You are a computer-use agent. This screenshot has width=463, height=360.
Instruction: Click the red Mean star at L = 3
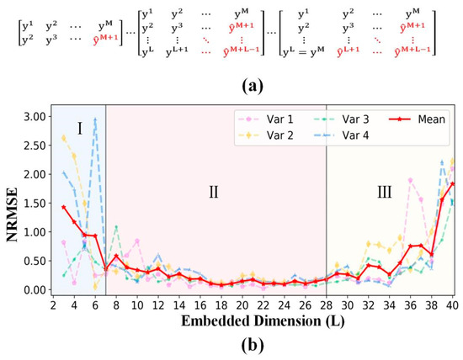[63, 206]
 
